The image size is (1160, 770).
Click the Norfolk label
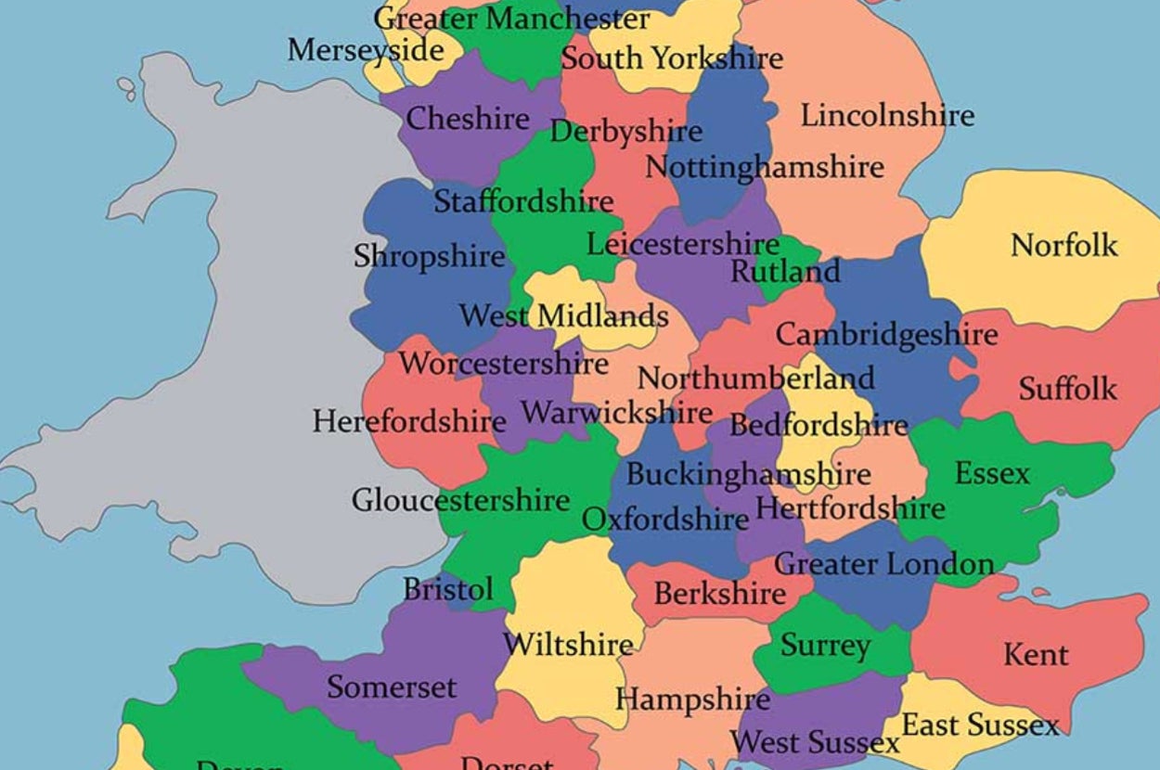pos(1063,246)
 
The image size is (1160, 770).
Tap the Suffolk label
pos(1067,389)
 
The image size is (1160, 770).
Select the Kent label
pos(1036,655)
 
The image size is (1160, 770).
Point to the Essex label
pos(992,474)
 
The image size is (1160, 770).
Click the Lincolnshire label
pos(887,116)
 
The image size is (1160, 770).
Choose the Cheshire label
pos(468,119)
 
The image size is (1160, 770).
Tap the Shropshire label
pos(429,256)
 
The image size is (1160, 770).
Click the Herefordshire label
pos(408,422)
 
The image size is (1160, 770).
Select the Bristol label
pos(448,589)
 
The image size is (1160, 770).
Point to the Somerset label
pos(392,687)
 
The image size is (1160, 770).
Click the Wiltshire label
pos(568,643)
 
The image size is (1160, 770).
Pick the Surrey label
pos(825,646)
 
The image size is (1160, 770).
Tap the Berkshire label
pos(720,593)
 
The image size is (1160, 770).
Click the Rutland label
pos(785,272)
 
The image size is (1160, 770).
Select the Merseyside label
pos(366,50)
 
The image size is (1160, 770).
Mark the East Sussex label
pos(980,725)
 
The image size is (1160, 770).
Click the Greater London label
pos(883,563)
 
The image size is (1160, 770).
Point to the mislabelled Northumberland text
pos(755,379)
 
